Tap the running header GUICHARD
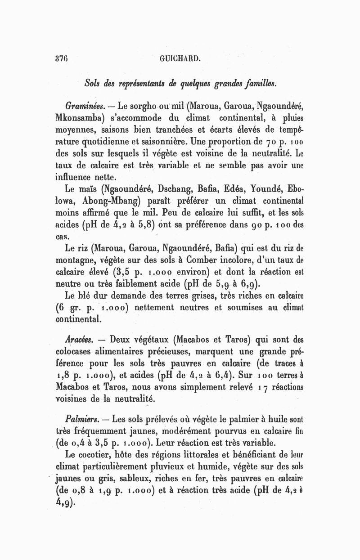coord(179,58)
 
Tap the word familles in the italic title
coord(269,83)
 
